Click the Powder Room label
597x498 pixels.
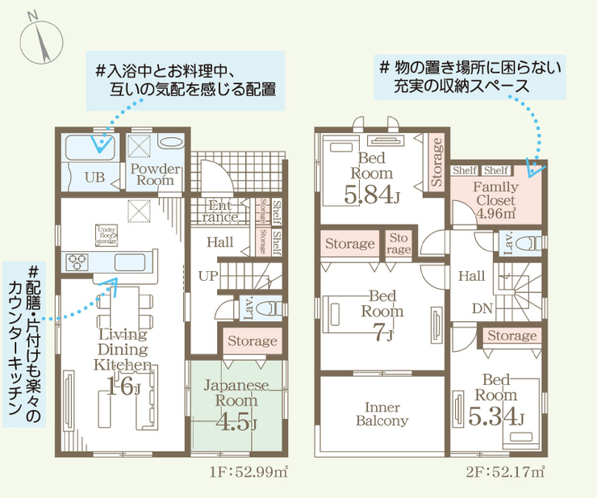pos(156,175)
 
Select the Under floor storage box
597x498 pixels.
pos(106,235)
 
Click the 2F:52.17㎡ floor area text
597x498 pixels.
pos(504,472)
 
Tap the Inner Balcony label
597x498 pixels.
pos(382,414)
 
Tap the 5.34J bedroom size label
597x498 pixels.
pos(495,417)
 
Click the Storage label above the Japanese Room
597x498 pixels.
pos(253,341)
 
